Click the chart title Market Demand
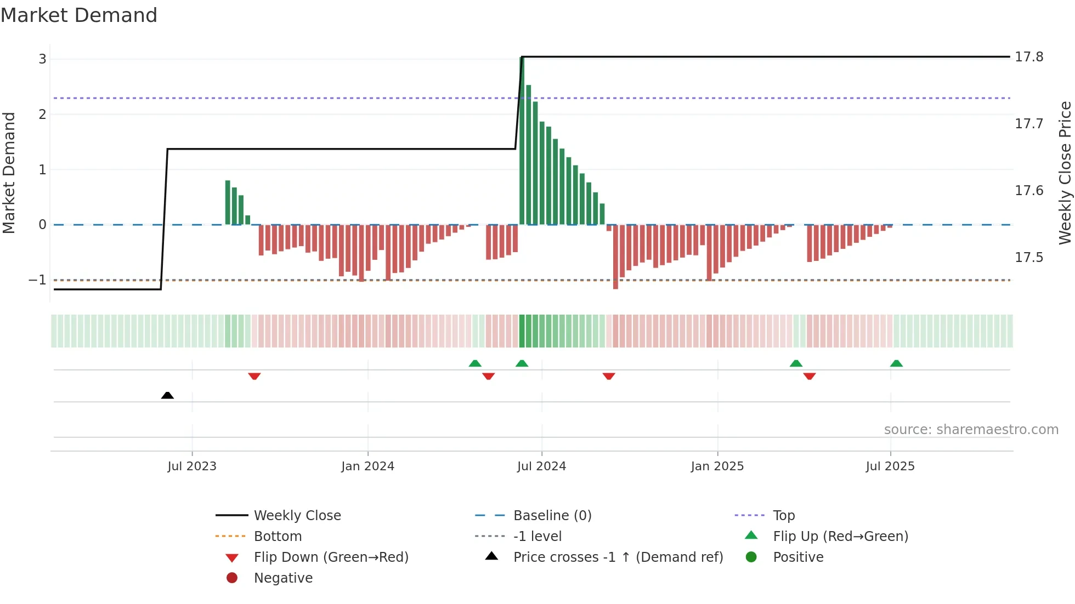[x=79, y=15]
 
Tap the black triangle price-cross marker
[x=167, y=395]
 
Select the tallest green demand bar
[x=522, y=140]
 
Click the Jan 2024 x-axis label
[x=367, y=466]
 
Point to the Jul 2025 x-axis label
[x=890, y=466]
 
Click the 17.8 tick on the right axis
[x=1029, y=57]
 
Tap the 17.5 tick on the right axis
[x=1029, y=258]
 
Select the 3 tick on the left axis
[x=42, y=59]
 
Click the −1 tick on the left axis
[x=38, y=280]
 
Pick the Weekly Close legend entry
[x=297, y=516]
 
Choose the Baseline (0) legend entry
[x=552, y=516]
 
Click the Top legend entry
[x=783, y=516]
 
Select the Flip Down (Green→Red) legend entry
[x=331, y=557]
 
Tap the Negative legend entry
[x=283, y=578]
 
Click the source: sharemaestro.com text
[x=971, y=430]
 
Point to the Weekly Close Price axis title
[x=1065, y=173]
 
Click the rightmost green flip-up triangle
[x=896, y=363]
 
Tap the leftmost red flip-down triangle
[x=254, y=376]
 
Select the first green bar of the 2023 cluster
[x=228, y=202]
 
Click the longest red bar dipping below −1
[x=615, y=257]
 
